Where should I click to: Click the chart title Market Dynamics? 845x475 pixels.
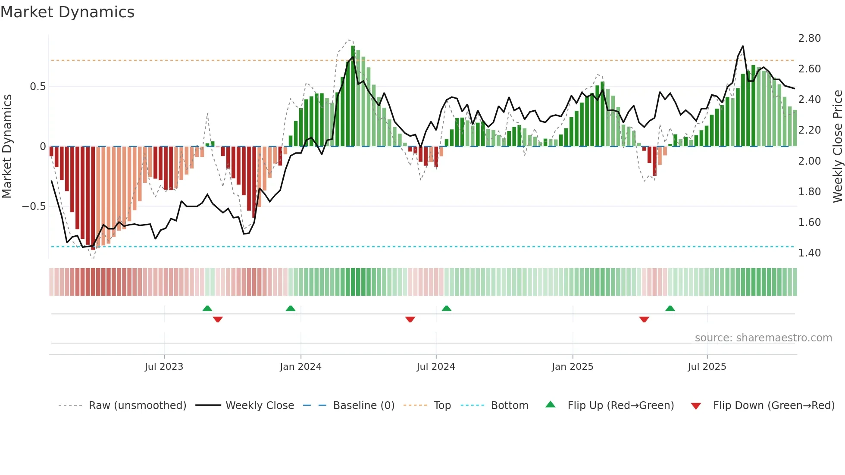point(68,12)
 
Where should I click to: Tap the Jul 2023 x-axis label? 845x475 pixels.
point(164,367)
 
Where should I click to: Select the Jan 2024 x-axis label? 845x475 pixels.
point(300,367)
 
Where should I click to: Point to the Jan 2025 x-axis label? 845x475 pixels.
point(573,367)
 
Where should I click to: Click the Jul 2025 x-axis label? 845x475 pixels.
point(707,367)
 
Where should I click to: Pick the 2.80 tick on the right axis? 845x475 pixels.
point(809,38)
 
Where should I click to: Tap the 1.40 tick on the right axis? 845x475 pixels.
point(809,253)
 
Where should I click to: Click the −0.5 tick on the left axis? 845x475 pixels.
point(34,206)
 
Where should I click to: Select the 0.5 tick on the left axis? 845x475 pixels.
point(38,87)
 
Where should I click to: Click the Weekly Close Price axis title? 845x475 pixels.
point(837,147)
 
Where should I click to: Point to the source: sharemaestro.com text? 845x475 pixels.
point(763,338)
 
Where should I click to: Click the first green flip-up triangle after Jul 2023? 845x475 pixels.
point(207,308)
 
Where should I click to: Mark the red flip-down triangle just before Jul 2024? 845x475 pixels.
point(410,319)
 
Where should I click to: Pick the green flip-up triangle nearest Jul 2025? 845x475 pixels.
point(670,308)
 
